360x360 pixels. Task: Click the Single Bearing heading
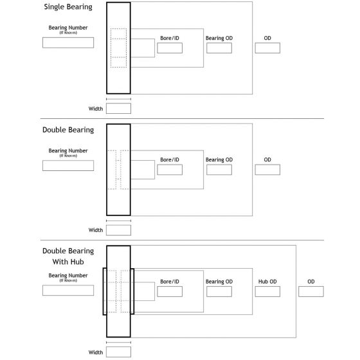tap(67, 7)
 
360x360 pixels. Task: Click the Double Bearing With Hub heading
tap(67, 256)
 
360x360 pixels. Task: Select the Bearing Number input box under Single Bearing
tap(67, 43)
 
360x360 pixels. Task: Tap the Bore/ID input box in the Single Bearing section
tap(170, 48)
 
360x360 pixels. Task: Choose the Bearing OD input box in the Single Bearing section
tap(219, 48)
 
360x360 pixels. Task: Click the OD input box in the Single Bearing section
tap(267, 48)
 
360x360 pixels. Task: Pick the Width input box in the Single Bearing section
tap(118, 109)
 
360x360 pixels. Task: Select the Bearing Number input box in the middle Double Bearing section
tap(67, 165)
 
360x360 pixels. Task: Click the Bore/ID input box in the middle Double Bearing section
tap(170, 170)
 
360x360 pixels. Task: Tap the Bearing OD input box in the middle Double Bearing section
tap(219, 170)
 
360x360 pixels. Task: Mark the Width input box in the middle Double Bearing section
tap(118, 230)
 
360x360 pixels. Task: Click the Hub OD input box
tap(267, 292)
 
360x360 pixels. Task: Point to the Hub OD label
tap(267, 282)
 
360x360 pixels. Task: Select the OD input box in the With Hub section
tap(311, 292)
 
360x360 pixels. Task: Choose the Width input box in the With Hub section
tap(118, 352)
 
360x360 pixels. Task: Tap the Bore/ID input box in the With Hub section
tap(170, 292)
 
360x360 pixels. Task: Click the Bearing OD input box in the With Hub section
tap(219, 292)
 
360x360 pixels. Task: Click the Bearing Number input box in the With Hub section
tap(67, 290)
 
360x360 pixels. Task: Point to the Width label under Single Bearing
tap(96, 109)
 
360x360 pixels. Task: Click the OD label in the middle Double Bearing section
tap(267, 159)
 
